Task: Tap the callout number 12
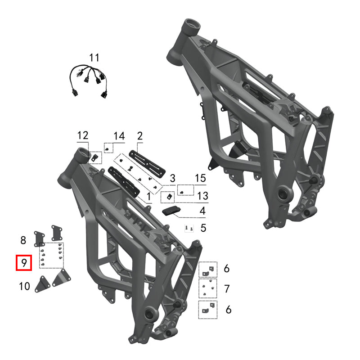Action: click(x=83, y=135)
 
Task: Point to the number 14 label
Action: click(x=119, y=135)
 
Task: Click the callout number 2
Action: click(x=139, y=135)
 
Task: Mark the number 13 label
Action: click(x=202, y=196)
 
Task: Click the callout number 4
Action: click(x=202, y=211)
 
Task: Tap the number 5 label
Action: click(x=203, y=228)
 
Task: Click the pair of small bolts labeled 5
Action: click(x=189, y=229)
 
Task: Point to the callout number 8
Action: click(x=23, y=239)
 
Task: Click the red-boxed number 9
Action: click(x=23, y=263)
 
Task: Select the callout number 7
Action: click(x=227, y=288)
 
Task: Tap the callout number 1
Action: click(x=149, y=197)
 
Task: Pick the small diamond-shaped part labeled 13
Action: click(x=169, y=197)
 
